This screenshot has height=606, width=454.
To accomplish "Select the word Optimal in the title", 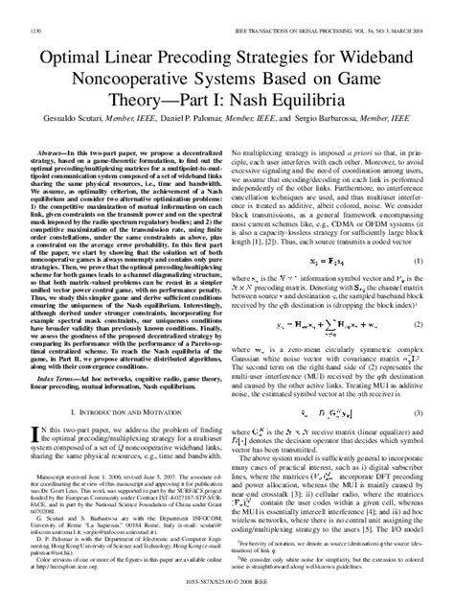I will [x=68, y=37].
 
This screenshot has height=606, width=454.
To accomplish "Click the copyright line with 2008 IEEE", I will [x=227, y=596].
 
